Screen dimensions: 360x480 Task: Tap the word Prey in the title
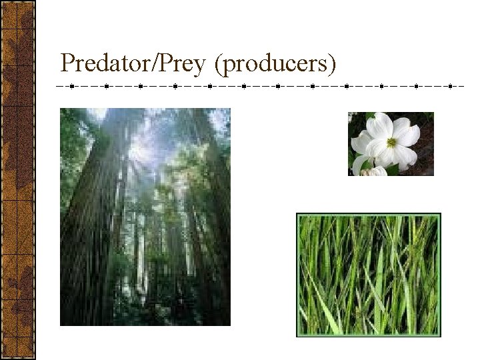pyautogui.click(x=177, y=63)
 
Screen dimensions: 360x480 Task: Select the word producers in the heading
pyautogui.click(x=277, y=64)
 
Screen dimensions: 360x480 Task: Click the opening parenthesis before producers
pyautogui.click(x=220, y=64)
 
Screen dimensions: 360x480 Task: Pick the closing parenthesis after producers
pyautogui.click(x=333, y=64)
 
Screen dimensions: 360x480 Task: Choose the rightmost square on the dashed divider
pyautogui.click(x=451, y=86)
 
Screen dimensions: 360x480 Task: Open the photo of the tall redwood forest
pyautogui.click(x=145, y=217)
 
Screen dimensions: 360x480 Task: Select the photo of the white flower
pyautogui.click(x=391, y=144)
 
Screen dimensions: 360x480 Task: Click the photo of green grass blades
pyautogui.click(x=369, y=275)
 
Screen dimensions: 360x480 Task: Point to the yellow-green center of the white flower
pyautogui.click(x=391, y=142)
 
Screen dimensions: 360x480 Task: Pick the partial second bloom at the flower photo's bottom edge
pyautogui.click(x=375, y=171)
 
